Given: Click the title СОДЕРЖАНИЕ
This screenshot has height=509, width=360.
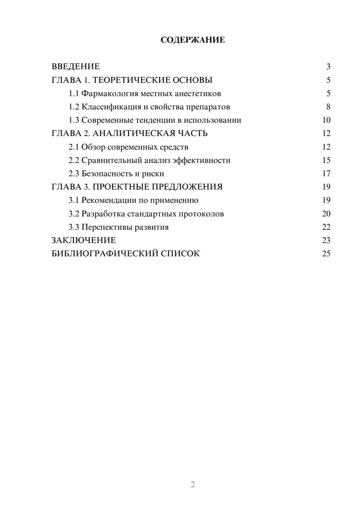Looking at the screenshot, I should (x=193, y=40).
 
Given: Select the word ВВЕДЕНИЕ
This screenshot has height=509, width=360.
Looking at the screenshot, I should (x=76, y=67).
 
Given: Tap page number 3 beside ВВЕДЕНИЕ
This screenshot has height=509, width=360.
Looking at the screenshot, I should (x=328, y=67).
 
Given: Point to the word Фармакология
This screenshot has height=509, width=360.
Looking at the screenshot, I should (x=110, y=94).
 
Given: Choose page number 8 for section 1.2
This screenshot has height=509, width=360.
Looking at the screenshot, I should (x=328, y=107).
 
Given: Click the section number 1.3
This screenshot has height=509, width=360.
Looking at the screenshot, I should (x=74, y=120).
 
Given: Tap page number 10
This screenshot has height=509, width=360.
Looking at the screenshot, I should (x=326, y=120).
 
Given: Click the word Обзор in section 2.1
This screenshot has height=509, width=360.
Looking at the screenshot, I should (x=93, y=147).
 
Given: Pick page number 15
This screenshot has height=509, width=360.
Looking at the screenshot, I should (x=326, y=160).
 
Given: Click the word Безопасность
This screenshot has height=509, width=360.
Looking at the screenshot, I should (x=107, y=174).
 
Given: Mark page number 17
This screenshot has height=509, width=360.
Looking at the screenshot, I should (x=326, y=174).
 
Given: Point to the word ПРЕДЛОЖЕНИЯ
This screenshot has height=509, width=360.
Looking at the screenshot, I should (x=187, y=187).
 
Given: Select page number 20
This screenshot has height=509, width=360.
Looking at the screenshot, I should (x=326, y=214).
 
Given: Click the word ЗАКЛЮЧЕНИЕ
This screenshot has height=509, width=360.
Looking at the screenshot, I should (x=84, y=240).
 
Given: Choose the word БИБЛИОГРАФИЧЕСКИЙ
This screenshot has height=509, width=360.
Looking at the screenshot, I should (x=105, y=254).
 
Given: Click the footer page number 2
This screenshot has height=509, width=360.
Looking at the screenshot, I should (x=193, y=485).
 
